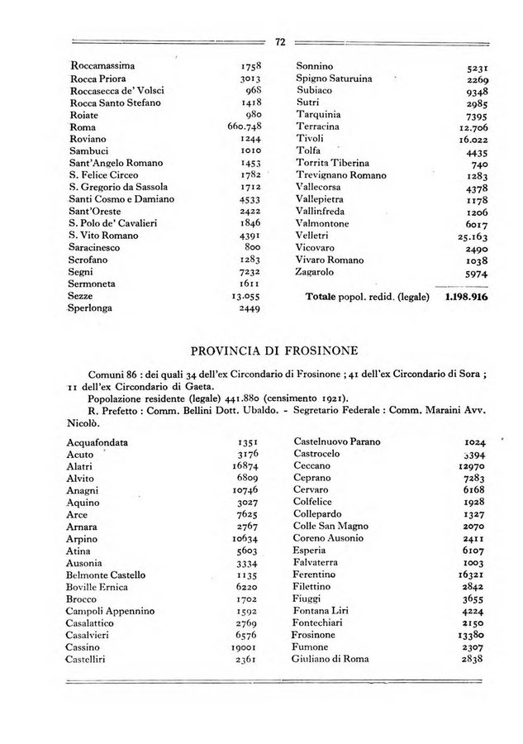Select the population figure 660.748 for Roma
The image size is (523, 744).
243,127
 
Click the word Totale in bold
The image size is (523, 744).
326,296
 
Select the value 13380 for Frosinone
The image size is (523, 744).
468,635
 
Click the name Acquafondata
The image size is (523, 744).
103,441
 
